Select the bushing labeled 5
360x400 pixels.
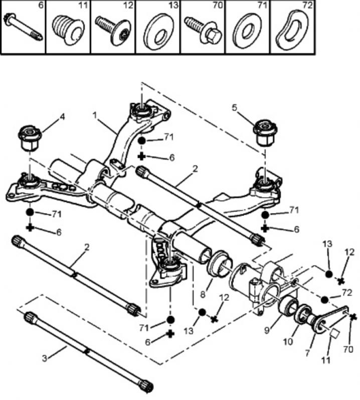click(x=265, y=131)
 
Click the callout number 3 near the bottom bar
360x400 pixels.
click(x=44, y=358)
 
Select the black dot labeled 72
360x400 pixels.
click(x=325, y=299)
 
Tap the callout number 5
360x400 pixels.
click(x=234, y=107)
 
